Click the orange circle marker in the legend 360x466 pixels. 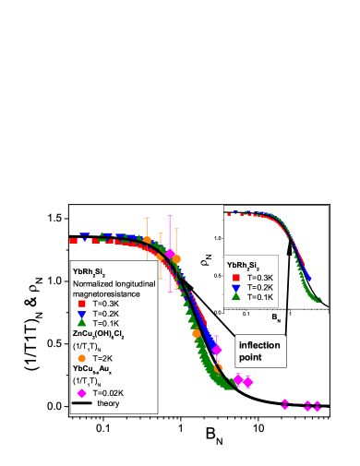[x=82, y=358]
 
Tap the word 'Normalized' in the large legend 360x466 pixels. [x=94, y=283]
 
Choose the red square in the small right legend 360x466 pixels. [x=236, y=277]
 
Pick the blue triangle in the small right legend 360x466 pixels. [x=236, y=287]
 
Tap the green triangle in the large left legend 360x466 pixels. [x=82, y=323]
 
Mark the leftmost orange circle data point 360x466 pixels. [x=147, y=240]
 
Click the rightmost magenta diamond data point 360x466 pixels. [x=318, y=405]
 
